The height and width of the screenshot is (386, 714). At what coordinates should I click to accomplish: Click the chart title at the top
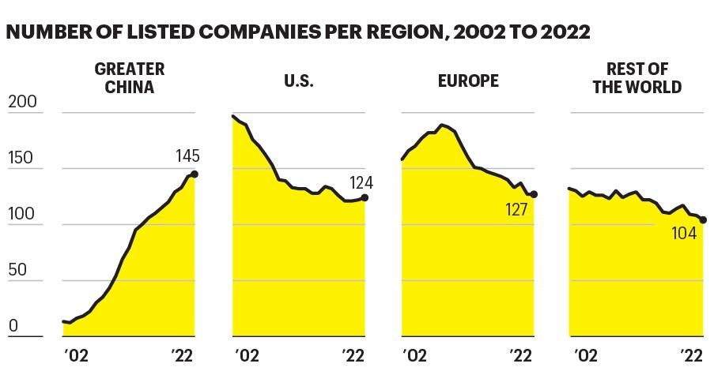pyautogui.click(x=298, y=32)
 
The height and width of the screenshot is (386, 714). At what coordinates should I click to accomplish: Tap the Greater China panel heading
pyautogui.click(x=130, y=77)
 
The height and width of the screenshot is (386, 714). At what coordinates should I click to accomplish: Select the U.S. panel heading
pyautogui.click(x=299, y=81)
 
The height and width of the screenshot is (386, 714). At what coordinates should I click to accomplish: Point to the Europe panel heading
pyautogui.click(x=468, y=81)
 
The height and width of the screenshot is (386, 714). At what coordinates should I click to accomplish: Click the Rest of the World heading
pyautogui.click(x=637, y=77)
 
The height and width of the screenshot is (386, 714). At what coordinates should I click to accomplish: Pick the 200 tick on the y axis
pyautogui.click(x=22, y=101)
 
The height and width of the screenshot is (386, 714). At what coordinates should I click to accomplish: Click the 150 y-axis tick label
pyautogui.click(x=21, y=158)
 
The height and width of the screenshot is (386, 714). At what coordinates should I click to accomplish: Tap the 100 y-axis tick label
pyautogui.click(x=21, y=214)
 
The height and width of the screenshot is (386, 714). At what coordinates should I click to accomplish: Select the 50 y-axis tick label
pyautogui.click(x=17, y=270)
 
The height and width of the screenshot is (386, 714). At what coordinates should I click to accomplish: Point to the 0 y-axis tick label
pyautogui.click(x=13, y=325)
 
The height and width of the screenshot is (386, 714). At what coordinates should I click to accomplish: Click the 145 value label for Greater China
pyautogui.click(x=187, y=156)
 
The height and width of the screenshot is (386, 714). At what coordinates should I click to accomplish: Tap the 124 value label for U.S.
pyautogui.click(x=361, y=183)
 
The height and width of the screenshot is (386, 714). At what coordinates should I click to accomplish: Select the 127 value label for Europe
pyautogui.click(x=516, y=210)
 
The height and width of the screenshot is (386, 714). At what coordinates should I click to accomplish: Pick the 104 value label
pyautogui.click(x=684, y=233)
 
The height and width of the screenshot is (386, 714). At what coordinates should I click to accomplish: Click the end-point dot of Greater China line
pyautogui.click(x=195, y=174)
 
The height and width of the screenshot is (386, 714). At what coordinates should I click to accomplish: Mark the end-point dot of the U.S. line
pyautogui.click(x=365, y=198)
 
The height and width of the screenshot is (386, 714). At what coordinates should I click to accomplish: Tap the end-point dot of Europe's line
pyautogui.click(x=535, y=195)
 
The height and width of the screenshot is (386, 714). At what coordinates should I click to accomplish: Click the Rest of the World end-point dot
pyautogui.click(x=703, y=220)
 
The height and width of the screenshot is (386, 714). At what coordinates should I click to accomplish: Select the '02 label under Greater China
pyautogui.click(x=76, y=355)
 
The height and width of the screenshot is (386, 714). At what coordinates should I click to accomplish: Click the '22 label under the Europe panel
pyautogui.click(x=520, y=355)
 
